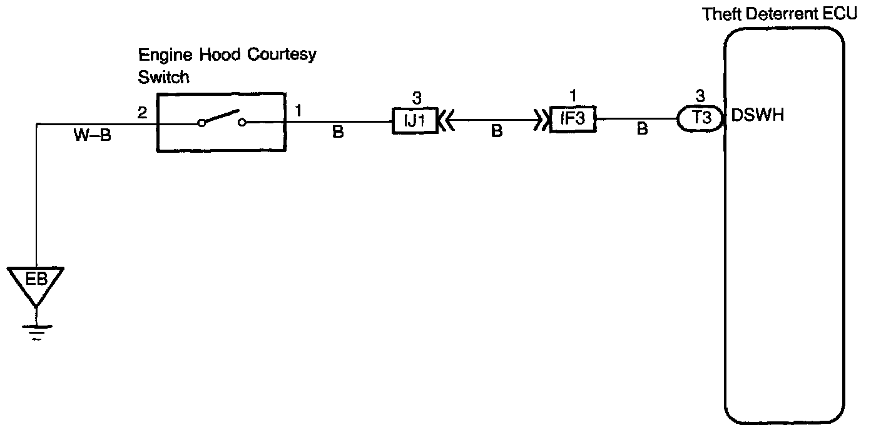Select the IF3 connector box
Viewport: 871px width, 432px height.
pos(573,118)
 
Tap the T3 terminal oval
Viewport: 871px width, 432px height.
pos(701,118)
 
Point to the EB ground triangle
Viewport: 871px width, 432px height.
pos(37,282)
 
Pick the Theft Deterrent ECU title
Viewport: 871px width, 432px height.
pos(779,14)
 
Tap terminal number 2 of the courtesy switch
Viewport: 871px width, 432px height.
pos(142,113)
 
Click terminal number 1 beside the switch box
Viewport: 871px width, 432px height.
pos(298,111)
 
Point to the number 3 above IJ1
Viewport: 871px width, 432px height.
pos(416,98)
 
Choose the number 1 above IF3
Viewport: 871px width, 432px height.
pos(573,96)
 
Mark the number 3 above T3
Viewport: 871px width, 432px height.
pos(700,96)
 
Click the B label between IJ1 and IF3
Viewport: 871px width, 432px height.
pos(496,133)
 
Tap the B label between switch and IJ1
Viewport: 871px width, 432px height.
pos(338,133)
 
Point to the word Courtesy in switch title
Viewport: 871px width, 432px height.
pos(283,55)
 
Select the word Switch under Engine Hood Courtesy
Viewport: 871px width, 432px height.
pos(163,78)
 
